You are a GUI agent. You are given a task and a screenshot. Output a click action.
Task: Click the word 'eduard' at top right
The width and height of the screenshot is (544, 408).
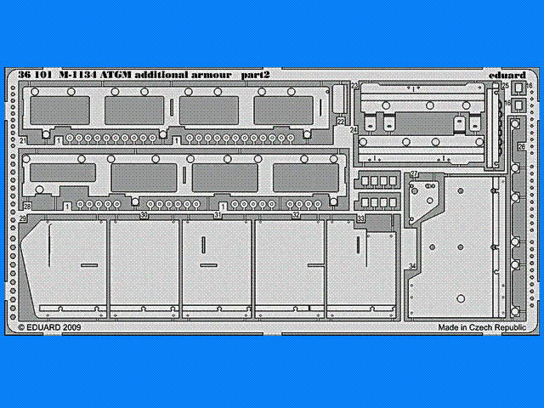click(507, 75)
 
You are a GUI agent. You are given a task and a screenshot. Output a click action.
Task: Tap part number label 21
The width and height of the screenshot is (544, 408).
click(23, 139)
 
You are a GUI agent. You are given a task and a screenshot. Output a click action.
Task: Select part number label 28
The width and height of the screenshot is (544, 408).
click(27, 207)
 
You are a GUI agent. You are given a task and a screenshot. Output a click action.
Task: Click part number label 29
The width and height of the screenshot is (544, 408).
click(23, 219)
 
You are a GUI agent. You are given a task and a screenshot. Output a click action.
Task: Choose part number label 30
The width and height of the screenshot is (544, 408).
click(144, 216)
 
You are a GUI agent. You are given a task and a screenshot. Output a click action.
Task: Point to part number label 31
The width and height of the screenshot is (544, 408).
click(218, 216)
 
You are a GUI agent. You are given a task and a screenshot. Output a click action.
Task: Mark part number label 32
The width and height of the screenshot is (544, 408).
click(296, 216)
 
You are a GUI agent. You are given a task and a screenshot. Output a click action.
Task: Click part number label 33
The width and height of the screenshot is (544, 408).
click(361, 218)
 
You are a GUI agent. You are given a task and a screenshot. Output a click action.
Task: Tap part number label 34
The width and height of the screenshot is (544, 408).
click(411, 267)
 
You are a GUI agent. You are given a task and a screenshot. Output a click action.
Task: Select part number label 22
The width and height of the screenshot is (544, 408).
click(341, 122)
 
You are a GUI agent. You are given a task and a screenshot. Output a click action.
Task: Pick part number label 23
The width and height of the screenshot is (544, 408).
click(354, 87)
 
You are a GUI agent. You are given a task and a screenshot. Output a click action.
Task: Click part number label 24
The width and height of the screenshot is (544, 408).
click(353, 130)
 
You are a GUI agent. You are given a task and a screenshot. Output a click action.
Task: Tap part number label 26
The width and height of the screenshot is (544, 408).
click(520, 146)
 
